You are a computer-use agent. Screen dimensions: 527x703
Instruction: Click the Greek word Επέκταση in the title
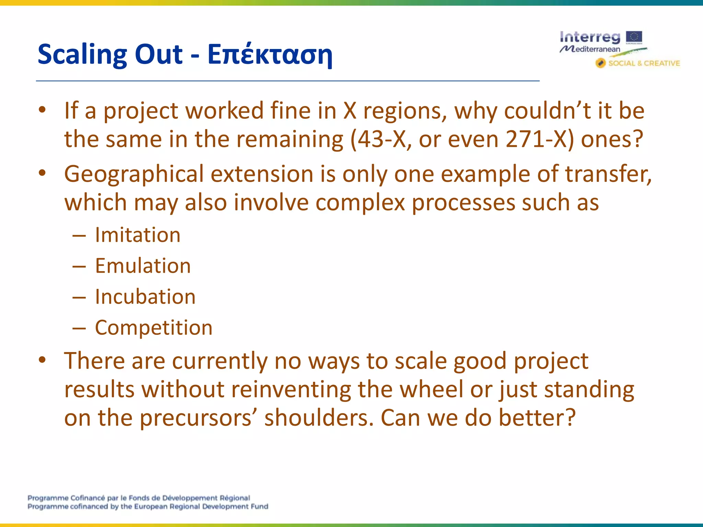(x=270, y=55)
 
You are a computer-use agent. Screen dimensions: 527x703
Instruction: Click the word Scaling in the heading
(x=82, y=55)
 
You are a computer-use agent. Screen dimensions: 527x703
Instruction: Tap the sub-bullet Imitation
(x=138, y=235)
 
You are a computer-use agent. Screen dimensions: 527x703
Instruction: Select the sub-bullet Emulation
(x=143, y=266)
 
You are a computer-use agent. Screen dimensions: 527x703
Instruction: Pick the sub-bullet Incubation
(x=145, y=297)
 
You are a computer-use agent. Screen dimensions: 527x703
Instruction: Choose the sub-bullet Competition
(x=154, y=328)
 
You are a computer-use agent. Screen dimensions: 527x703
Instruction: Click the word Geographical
(x=134, y=174)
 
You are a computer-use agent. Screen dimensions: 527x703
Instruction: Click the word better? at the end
(x=537, y=418)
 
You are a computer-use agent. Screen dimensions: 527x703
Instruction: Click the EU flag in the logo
(x=634, y=37)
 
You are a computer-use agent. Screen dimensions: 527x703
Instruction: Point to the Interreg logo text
(x=590, y=37)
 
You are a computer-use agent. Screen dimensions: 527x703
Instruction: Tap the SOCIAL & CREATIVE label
(x=644, y=63)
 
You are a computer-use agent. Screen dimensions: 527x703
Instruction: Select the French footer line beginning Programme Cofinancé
(x=139, y=498)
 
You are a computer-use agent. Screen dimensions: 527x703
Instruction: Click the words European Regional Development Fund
(x=201, y=507)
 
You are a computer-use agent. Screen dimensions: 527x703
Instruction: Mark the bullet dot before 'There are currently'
(x=42, y=360)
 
